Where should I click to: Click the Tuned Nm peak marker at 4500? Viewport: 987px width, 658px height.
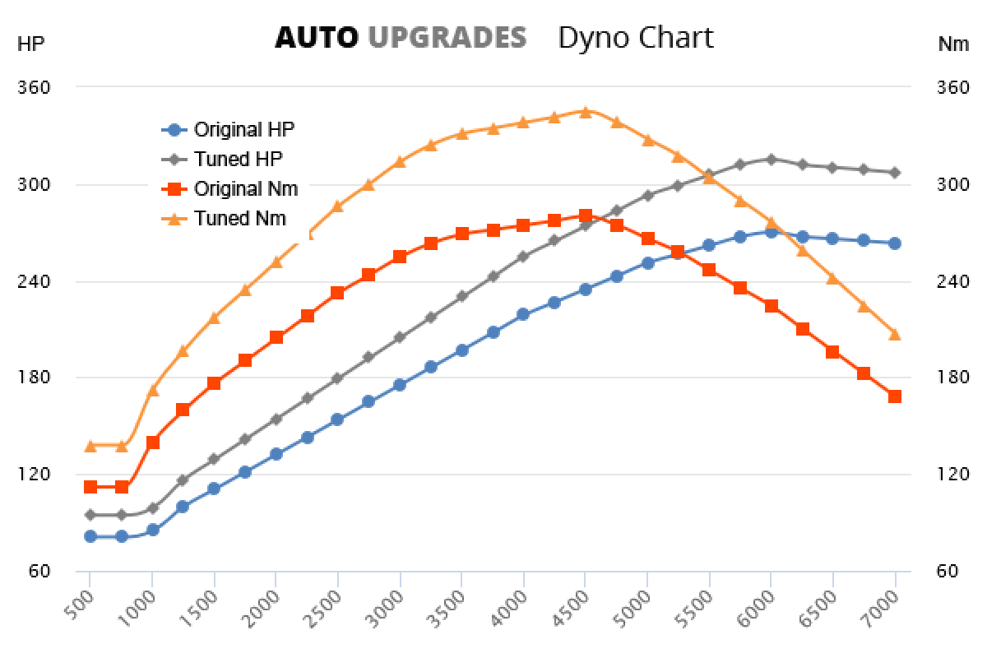[585, 111]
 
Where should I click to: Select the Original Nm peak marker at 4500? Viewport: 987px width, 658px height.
[585, 215]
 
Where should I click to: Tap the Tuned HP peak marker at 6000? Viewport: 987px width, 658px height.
[771, 159]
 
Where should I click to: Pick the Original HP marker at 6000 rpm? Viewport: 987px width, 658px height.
[771, 232]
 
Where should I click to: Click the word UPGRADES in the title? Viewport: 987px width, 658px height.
[447, 37]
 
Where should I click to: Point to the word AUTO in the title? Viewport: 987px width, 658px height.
[317, 37]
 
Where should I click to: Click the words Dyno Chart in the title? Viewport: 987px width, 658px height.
[636, 37]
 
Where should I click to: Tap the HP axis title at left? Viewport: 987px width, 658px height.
[30, 44]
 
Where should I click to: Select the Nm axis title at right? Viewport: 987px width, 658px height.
[953, 44]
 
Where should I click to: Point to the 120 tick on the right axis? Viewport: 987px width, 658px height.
[953, 475]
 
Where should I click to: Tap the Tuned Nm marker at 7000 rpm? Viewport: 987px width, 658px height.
[895, 334]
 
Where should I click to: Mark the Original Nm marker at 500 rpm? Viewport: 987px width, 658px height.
[90, 487]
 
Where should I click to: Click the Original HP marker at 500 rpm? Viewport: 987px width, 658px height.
[90, 536]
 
